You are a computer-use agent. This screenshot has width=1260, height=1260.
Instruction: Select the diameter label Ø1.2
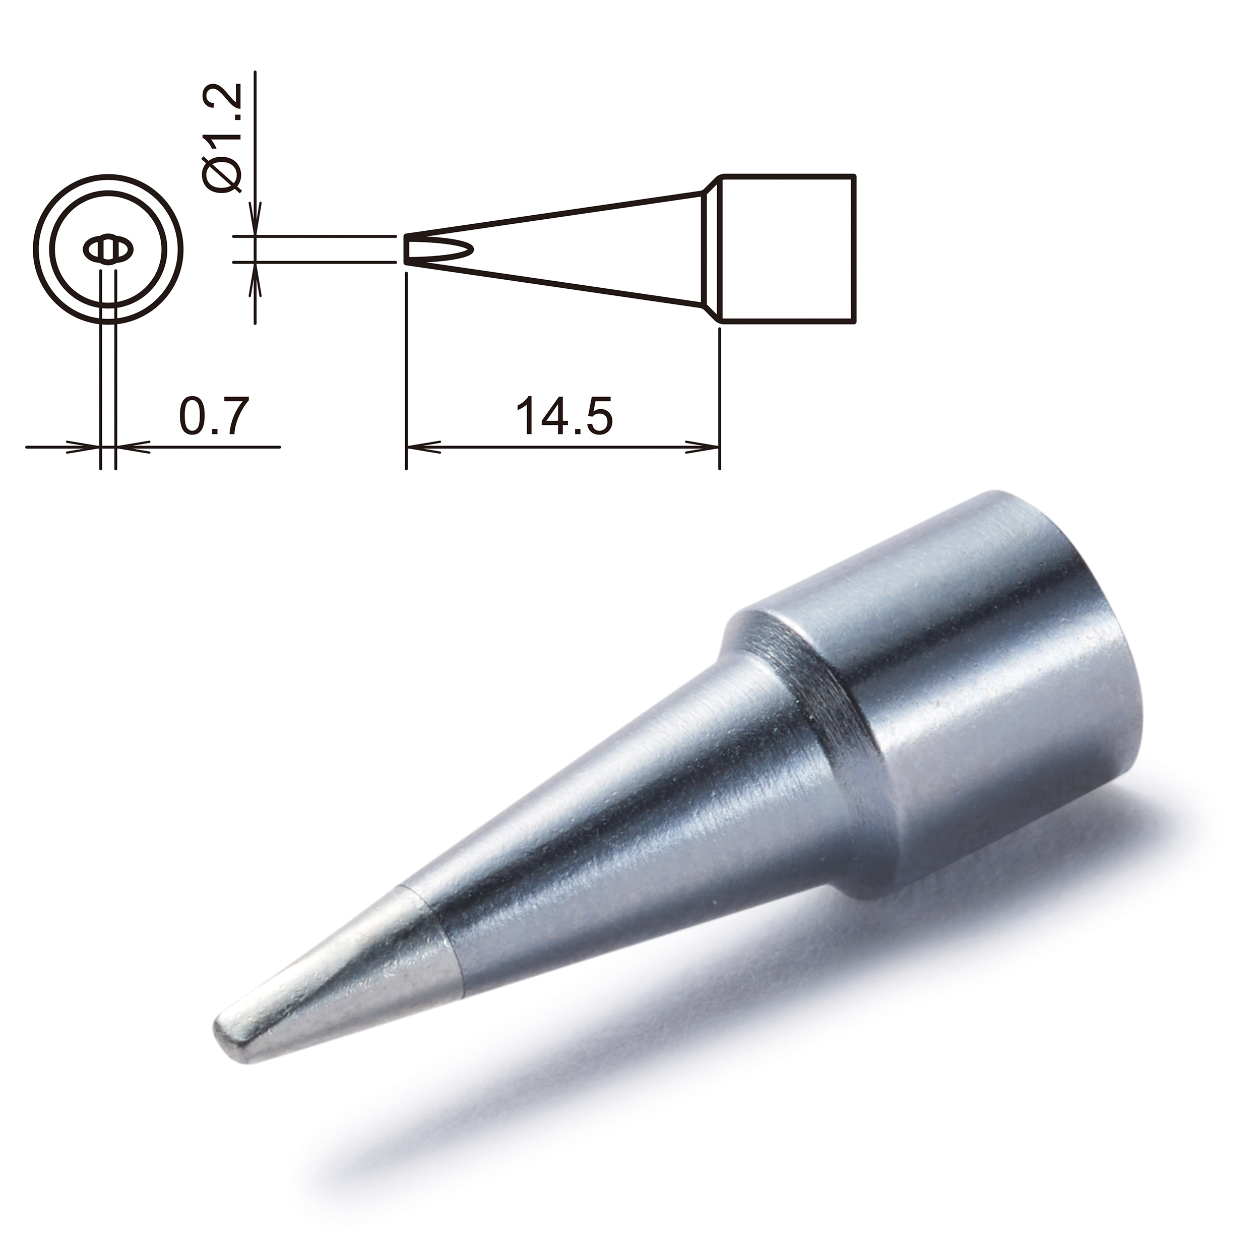coord(223,137)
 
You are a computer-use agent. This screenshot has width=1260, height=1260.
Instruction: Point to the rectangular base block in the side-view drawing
coord(786,248)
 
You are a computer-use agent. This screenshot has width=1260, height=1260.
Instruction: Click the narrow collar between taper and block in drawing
coord(711,248)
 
